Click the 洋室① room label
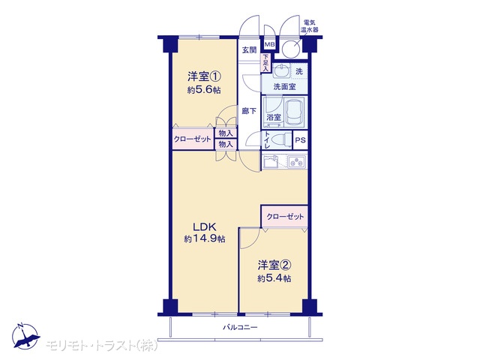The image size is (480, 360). (204, 76)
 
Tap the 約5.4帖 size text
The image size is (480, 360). (274, 278)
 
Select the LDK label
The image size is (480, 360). (205, 227)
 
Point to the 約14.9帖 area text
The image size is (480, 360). (205, 238)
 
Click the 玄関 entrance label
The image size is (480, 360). (249, 50)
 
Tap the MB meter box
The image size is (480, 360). (269, 45)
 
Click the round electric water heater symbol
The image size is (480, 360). (290, 49)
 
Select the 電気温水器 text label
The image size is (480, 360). (310, 26)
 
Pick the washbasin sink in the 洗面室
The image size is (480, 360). (281, 72)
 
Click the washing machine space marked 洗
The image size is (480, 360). (299, 72)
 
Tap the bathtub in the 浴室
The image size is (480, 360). (294, 112)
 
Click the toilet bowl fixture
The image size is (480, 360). (280, 140)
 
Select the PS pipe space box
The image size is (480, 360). (300, 140)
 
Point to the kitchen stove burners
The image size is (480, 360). (297, 161)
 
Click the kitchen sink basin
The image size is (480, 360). (270, 162)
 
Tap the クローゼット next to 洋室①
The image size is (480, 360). (193, 139)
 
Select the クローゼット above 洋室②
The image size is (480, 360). (285, 217)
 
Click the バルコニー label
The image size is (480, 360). (240, 328)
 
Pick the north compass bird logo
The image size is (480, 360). (25, 336)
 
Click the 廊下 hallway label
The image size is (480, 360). (249, 111)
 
